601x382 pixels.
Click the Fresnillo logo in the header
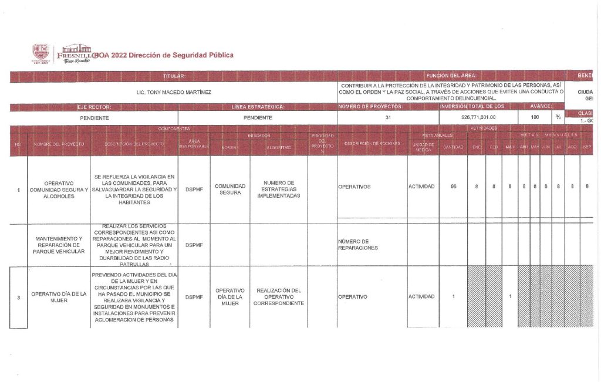61,54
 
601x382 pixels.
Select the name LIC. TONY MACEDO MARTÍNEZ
174,93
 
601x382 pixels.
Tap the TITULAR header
174,76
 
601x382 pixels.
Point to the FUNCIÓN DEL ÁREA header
451,76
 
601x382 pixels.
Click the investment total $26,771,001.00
478,117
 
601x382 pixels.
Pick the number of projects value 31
387,117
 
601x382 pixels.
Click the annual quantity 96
453,187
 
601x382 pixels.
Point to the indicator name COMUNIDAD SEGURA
229,190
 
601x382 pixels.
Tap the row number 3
19,298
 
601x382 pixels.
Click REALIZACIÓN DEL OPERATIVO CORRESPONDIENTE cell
278,297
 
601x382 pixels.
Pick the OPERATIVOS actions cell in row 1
354,187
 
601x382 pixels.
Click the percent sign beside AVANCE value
558,117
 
